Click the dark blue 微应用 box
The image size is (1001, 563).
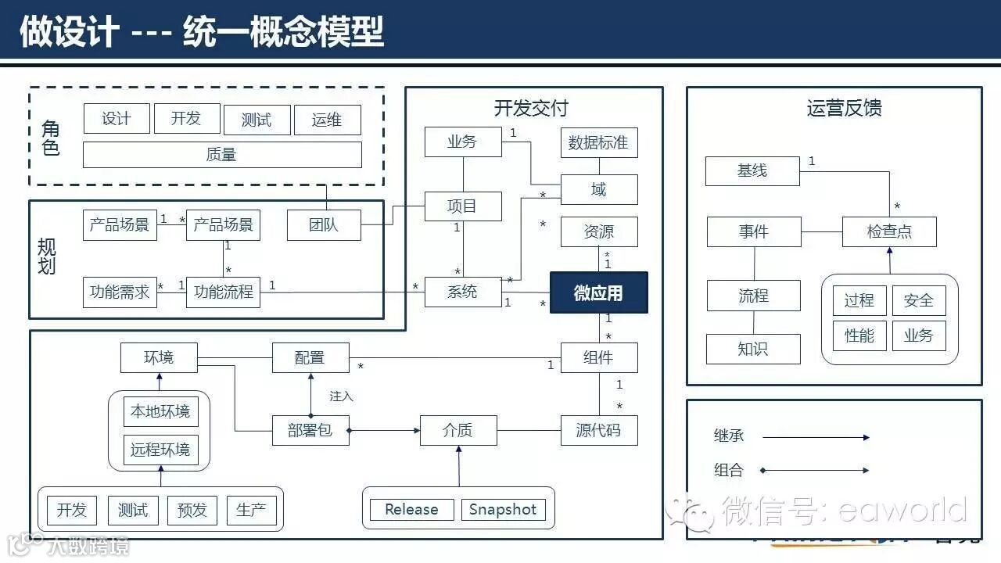(598, 292)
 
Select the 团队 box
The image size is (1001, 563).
(323, 225)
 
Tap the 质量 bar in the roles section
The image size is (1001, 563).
(222, 155)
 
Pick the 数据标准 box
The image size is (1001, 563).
(598, 142)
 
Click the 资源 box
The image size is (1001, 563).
(598, 232)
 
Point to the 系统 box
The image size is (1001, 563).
(462, 292)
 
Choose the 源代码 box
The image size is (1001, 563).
(598, 430)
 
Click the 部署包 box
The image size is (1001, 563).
(310, 430)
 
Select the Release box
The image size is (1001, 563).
(411, 510)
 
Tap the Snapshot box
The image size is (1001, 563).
(503, 510)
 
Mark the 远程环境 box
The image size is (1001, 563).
(160, 450)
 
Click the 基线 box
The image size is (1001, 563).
(752, 170)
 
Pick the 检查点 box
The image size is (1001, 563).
(888, 231)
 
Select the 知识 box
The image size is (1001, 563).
(752, 349)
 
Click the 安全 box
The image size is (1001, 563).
(918, 300)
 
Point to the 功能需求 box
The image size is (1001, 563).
(119, 292)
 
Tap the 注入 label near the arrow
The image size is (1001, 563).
(341, 396)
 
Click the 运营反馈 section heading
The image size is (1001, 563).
(844, 108)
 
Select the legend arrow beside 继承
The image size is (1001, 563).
(815, 437)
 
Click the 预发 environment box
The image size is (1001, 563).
(192, 511)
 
